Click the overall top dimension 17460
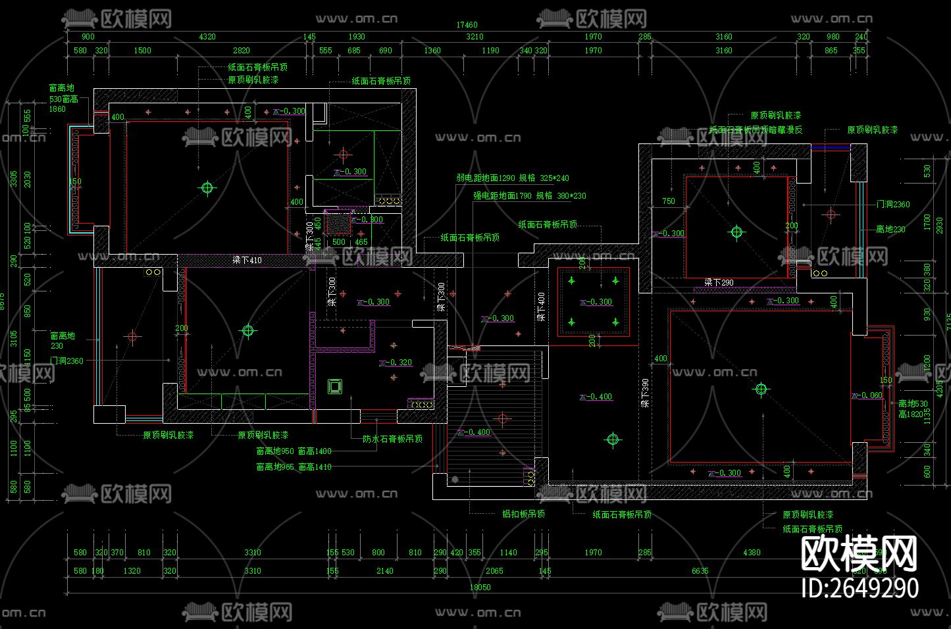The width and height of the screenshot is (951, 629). [x=467, y=26]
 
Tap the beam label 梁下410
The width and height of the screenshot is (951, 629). [x=247, y=261]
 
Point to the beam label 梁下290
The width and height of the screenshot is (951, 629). [x=719, y=283]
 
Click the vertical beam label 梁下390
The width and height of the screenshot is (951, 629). [x=646, y=393]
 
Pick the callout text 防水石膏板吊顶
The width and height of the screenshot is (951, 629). [x=392, y=439]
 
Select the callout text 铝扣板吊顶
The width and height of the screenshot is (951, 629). [x=523, y=514]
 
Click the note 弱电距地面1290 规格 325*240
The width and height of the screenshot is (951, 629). [x=513, y=178]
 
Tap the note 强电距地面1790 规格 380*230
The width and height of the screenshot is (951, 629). [x=529, y=195]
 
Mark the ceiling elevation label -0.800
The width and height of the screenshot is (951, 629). [x=371, y=220]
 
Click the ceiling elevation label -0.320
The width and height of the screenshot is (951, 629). [x=399, y=363]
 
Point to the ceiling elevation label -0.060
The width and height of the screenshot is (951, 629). [x=869, y=395]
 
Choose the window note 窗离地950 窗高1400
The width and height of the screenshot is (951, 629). [x=294, y=451]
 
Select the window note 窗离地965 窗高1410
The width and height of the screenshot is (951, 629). [x=294, y=467]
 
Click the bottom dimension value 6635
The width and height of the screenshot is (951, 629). [x=700, y=571]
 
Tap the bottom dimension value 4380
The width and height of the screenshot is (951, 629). [x=751, y=553]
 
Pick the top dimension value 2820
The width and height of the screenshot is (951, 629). [x=242, y=51]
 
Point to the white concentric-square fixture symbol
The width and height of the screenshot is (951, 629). [x=335, y=386]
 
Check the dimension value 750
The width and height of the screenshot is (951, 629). [x=669, y=201]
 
